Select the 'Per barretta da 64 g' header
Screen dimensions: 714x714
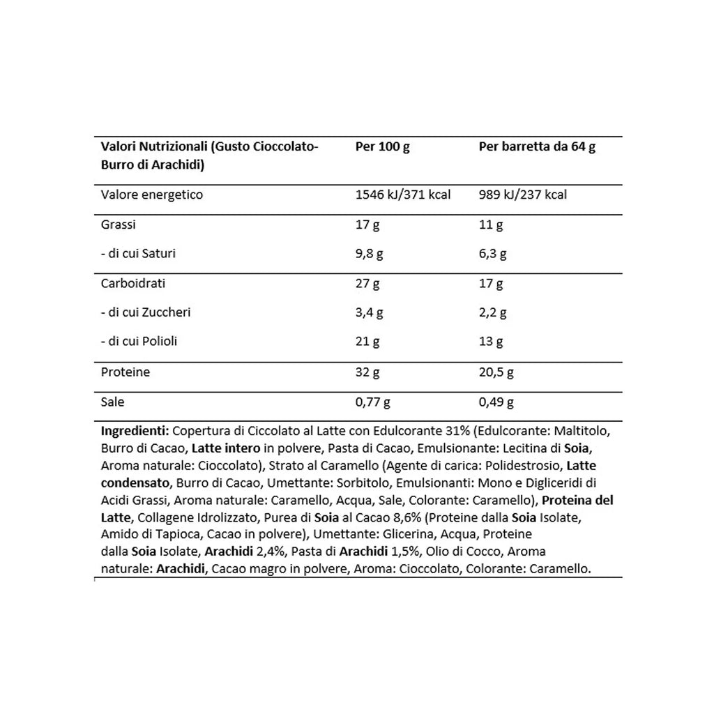(x=537, y=147)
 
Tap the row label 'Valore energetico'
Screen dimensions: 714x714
(x=152, y=195)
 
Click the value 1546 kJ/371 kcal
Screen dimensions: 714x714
(x=403, y=195)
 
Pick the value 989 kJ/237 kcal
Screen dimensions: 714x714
(x=522, y=195)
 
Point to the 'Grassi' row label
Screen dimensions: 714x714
(x=119, y=225)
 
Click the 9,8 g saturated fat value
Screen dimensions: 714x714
(x=370, y=254)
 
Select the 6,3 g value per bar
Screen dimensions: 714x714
(x=492, y=254)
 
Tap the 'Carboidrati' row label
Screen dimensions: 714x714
(x=133, y=284)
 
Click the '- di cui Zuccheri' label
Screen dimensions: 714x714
(x=146, y=312)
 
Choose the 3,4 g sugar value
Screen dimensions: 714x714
(x=370, y=312)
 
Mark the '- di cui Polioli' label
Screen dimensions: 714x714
(x=139, y=342)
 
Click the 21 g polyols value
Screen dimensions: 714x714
(x=367, y=342)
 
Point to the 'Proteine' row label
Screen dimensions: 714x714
(x=126, y=372)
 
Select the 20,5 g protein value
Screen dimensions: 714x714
(x=496, y=372)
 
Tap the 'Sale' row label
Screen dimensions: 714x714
(x=112, y=402)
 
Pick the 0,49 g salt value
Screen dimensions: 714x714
(x=496, y=402)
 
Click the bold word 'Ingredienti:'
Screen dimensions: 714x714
(x=134, y=430)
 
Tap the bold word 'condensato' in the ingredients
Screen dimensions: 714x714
(x=135, y=483)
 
